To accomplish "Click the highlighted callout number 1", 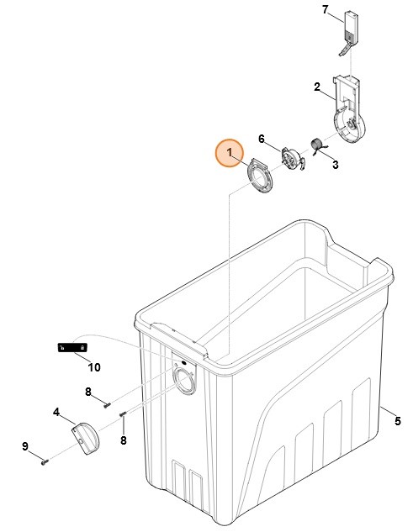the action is (x=230, y=152).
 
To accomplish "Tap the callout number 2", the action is (x=317, y=87).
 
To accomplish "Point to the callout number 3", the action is (x=336, y=165).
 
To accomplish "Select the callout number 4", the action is (x=56, y=413).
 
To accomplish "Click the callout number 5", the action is (x=398, y=421).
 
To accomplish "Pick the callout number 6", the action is (x=262, y=139).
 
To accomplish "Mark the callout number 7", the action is (x=325, y=10).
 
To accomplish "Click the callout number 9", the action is (x=24, y=446).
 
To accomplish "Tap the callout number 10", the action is (x=94, y=367).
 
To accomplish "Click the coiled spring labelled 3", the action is (x=318, y=146).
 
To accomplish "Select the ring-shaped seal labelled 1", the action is (x=259, y=176).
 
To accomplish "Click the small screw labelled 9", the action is (x=45, y=461).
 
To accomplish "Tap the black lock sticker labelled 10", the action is (x=72, y=348).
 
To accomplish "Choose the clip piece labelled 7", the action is (x=349, y=34).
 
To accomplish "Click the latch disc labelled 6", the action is (x=293, y=159).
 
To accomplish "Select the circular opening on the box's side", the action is (x=185, y=382).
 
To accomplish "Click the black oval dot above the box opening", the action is (x=183, y=363).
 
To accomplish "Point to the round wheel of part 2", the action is (x=350, y=125).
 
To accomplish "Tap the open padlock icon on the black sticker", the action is (x=61, y=348).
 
